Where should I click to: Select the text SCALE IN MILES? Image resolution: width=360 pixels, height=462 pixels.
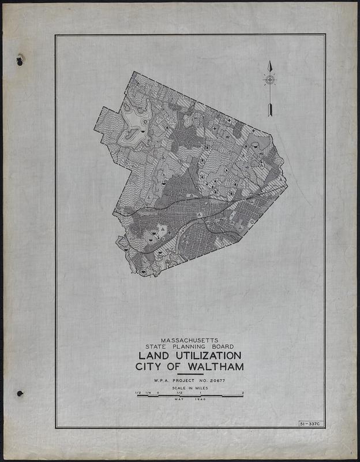point(190,389)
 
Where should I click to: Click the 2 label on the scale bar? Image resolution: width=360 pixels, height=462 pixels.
point(243,393)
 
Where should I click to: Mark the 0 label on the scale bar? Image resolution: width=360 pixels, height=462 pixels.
point(157,393)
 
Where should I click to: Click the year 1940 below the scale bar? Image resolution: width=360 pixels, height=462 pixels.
point(200,400)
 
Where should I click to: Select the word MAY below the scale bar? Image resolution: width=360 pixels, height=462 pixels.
point(180,400)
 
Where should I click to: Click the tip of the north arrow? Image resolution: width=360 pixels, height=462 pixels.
point(269,62)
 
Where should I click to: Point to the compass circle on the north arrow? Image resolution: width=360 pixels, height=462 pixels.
point(269,80)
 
